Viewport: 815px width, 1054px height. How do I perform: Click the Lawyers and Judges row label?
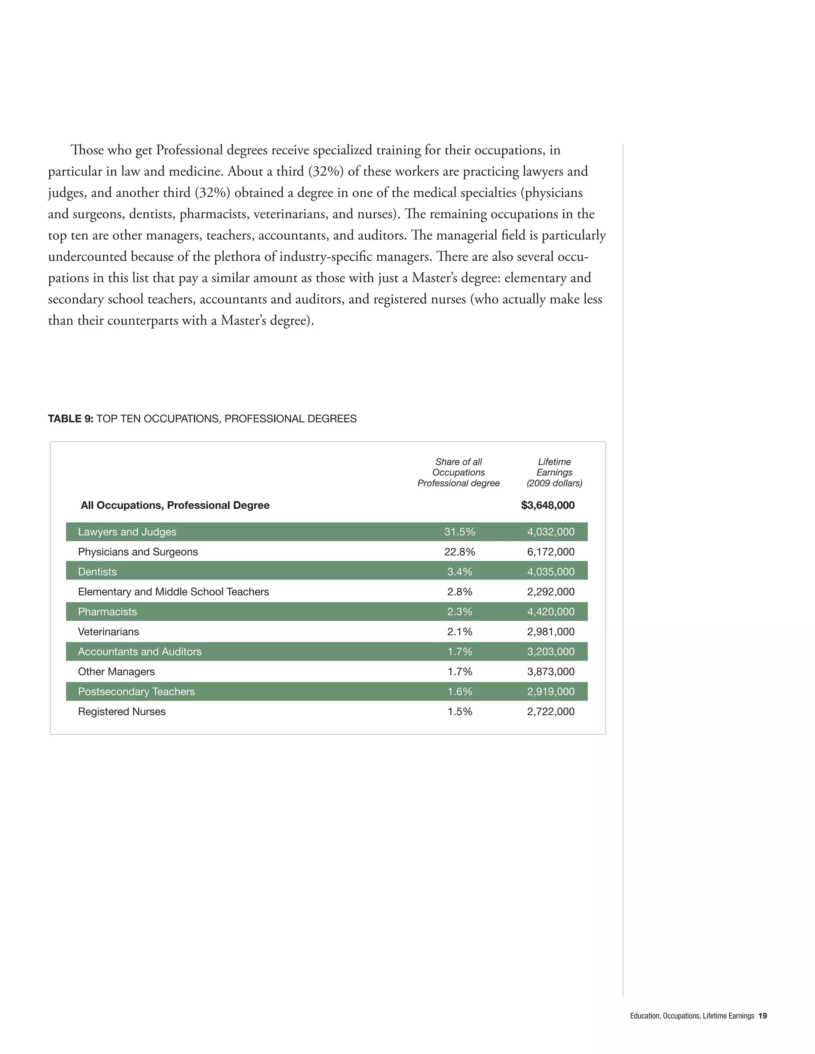(127, 532)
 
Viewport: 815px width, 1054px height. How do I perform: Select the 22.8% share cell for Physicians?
(459, 552)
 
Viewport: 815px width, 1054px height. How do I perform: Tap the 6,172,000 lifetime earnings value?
(550, 552)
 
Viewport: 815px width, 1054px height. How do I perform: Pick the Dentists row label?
(97, 572)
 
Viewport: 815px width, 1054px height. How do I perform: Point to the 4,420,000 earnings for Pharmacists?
(550, 611)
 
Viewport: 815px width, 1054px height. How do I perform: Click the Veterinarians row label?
(108, 632)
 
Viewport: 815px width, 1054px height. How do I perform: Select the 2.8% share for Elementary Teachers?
(459, 592)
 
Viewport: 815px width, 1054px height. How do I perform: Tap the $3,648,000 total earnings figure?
(548, 505)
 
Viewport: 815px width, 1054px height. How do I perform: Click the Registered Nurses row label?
(122, 712)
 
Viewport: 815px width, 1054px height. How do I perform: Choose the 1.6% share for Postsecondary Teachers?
(459, 692)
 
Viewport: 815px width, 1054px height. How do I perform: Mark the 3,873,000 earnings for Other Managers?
(550, 672)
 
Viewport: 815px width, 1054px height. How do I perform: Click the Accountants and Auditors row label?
(140, 651)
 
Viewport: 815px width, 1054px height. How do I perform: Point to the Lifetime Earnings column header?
(554, 473)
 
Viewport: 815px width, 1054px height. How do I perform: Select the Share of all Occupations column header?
(458, 473)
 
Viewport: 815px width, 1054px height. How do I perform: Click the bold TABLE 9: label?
(70, 419)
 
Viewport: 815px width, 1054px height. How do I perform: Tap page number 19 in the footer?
(762, 1016)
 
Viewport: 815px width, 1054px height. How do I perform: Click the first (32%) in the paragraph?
(326, 171)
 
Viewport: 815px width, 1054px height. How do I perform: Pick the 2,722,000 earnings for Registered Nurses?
(550, 712)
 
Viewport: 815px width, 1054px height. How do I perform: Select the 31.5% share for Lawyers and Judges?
(459, 532)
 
